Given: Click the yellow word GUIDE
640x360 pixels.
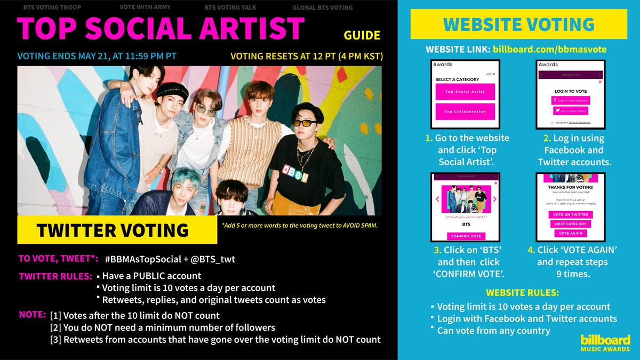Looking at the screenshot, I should point(362,36).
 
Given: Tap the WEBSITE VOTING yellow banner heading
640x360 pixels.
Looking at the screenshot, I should point(519,24).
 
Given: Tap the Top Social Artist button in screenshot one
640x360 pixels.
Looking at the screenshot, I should point(465,92).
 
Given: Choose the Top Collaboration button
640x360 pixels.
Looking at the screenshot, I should point(465,111).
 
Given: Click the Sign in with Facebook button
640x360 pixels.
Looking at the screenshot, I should point(570,100).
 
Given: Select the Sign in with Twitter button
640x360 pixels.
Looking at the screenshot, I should point(570,111).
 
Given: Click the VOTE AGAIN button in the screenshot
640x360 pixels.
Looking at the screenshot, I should point(570,233).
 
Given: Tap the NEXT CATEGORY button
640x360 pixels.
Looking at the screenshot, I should point(570,224).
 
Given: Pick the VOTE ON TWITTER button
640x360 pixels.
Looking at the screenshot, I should point(570,214).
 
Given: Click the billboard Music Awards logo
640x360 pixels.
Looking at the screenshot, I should point(605,342).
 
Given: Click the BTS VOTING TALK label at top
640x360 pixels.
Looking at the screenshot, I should point(231,8).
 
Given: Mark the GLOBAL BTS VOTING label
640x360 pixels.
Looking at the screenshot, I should point(322,8).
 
